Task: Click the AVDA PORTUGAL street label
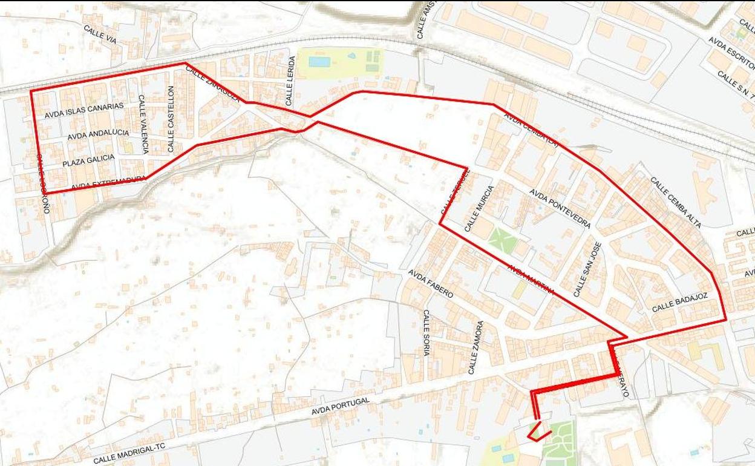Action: coord(340,406)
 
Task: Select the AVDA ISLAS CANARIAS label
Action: coord(84,110)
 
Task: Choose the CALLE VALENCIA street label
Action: coord(143,123)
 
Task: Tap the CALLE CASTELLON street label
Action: coord(171,119)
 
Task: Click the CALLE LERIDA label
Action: coord(290,80)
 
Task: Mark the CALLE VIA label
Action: coord(100,34)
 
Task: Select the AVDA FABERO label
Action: coord(431,283)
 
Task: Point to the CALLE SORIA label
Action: coord(426,332)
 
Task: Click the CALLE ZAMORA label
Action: coord(476,347)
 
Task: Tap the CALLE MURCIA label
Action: coord(479,208)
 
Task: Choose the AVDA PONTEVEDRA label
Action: coord(560,208)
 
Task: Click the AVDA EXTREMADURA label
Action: coord(108,183)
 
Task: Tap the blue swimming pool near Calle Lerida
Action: coord(319,62)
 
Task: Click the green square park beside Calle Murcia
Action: coord(503,241)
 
